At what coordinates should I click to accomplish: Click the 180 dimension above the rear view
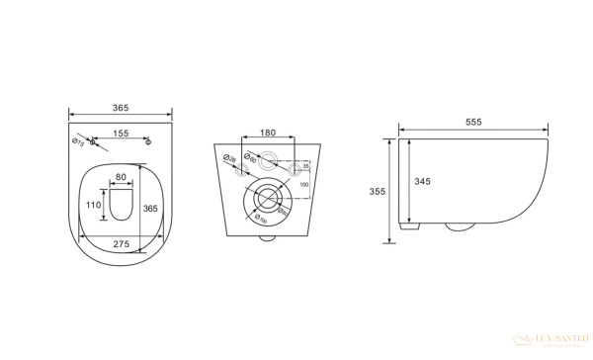[x=267, y=133]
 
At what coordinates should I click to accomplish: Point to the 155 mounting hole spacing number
[x=120, y=132]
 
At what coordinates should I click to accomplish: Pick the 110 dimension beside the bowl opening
[x=93, y=205]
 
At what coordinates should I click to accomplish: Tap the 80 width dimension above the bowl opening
[x=121, y=179]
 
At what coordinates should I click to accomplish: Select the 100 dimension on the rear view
[x=304, y=185]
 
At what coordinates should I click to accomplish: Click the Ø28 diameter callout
[x=227, y=158]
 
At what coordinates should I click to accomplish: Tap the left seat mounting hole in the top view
[x=93, y=142]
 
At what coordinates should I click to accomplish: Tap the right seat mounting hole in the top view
[x=147, y=142]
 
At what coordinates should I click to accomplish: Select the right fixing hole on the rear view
[x=293, y=171]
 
